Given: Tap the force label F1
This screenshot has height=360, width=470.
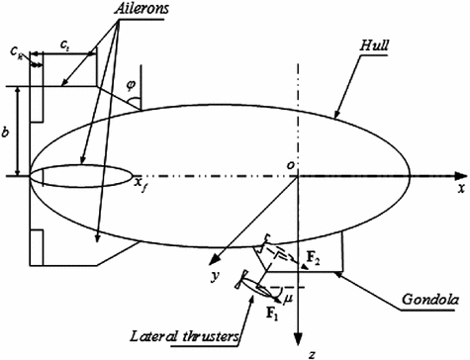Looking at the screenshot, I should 270,314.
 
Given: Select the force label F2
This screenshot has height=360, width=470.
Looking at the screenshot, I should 312,258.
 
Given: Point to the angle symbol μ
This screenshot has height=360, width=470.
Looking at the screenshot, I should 288,294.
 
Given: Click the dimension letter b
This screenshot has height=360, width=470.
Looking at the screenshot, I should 8,130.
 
